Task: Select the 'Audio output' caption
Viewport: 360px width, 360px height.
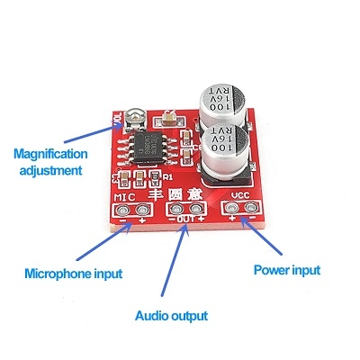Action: [x=172, y=316]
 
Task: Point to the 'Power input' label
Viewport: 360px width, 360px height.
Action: [x=287, y=269]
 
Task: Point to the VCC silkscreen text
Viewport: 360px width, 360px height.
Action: [x=239, y=195]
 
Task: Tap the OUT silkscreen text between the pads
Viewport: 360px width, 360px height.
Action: [x=184, y=219]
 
